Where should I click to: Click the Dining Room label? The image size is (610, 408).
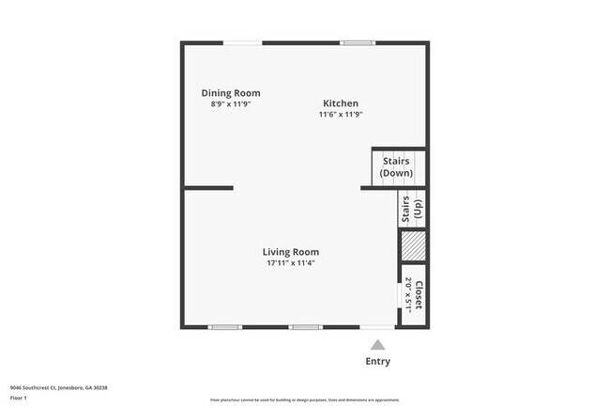(231, 93)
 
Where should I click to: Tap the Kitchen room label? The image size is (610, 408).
(341, 103)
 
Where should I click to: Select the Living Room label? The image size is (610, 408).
(290, 252)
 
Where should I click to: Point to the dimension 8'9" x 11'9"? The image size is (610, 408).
(231, 103)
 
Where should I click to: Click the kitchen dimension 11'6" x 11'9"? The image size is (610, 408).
(341, 115)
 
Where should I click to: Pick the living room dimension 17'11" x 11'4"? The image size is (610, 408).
(290, 263)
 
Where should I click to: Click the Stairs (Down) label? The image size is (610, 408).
(396, 167)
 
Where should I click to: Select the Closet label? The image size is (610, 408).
(419, 294)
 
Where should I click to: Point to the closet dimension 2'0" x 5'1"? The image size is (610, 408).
(409, 294)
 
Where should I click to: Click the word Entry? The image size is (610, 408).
(377, 362)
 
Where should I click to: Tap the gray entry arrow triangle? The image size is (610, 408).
(377, 345)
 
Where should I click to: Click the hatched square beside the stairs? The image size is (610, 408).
(413, 246)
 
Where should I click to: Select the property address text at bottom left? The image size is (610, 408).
(59, 387)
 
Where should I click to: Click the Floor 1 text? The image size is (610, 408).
(19, 399)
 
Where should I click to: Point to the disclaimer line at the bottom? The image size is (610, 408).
(305, 399)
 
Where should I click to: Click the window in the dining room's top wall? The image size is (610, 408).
(242, 42)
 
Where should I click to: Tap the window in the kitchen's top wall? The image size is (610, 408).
(357, 42)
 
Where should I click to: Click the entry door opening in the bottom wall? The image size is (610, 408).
(377, 327)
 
